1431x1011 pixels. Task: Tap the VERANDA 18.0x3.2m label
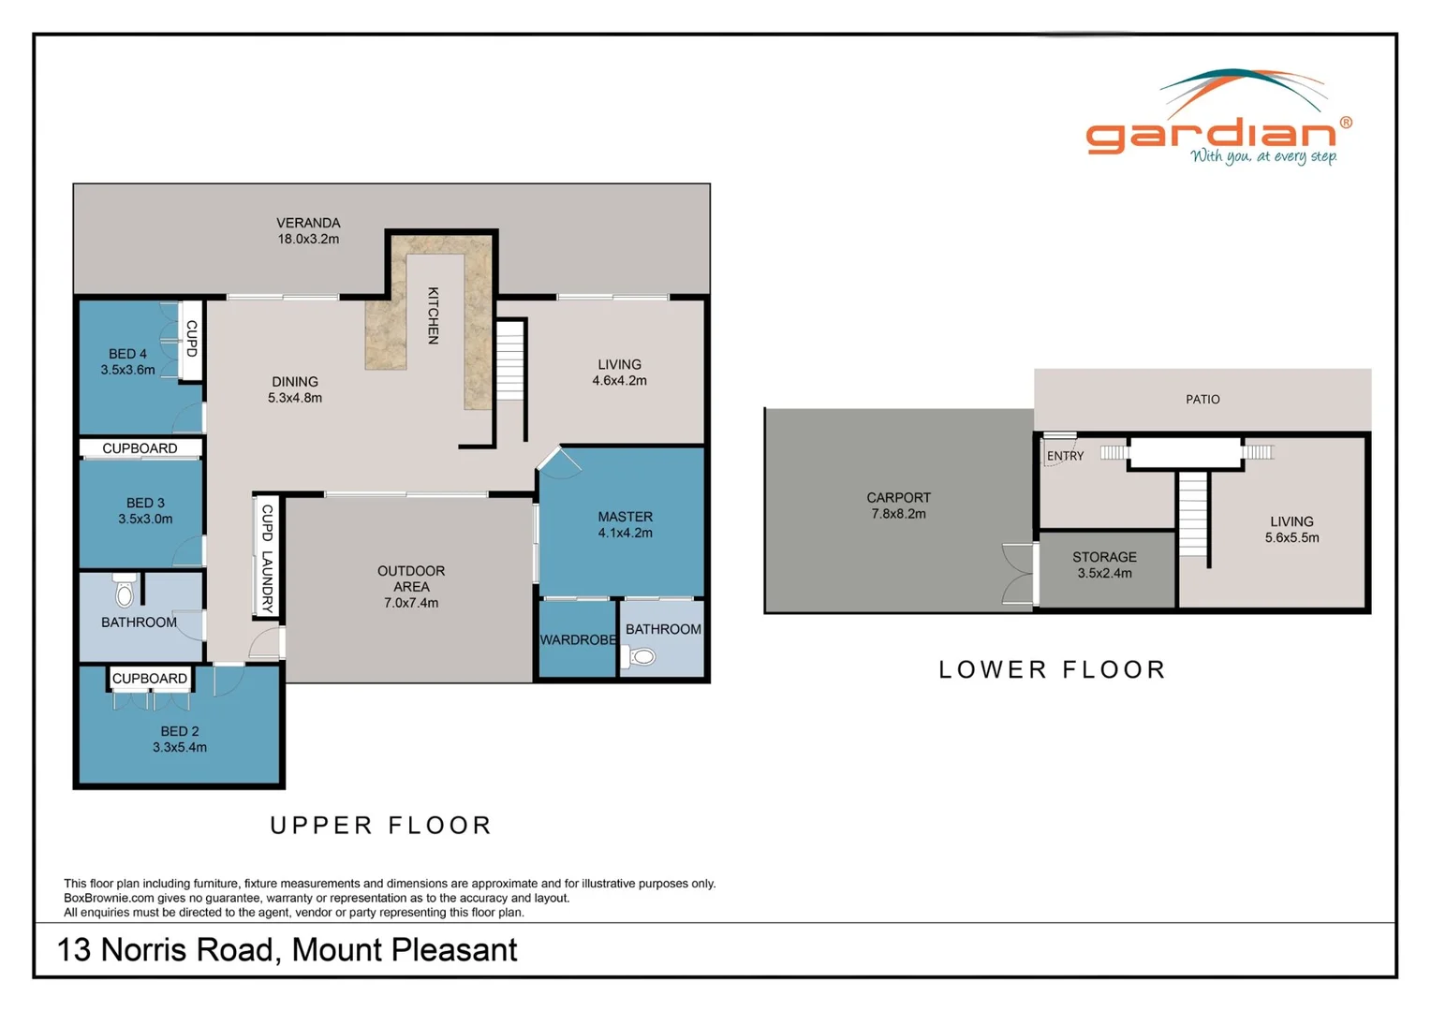(308, 231)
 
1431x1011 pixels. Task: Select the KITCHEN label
(433, 315)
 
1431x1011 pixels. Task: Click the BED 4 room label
(128, 361)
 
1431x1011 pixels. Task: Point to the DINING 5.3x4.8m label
(295, 389)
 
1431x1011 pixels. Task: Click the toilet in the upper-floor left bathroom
(125, 592)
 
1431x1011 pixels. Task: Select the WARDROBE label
(577, 640)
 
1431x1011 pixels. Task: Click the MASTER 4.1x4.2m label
(625, 524)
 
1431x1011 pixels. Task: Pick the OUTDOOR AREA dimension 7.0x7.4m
(411, 603)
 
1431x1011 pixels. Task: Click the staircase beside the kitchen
(509, 360)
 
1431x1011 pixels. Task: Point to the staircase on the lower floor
(1193, 514)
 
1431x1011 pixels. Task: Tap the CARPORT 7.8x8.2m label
(898, 505)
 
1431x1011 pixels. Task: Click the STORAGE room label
(1104, 564)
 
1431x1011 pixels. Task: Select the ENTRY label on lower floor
(1065, 456)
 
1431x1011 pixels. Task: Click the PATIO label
(1202, 400)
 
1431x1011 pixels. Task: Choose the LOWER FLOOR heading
(1053, 669)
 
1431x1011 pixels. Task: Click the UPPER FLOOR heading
(381, 825)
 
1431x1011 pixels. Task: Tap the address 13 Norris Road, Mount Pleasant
(288, 950)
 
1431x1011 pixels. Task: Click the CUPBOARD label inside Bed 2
(150, 679)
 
